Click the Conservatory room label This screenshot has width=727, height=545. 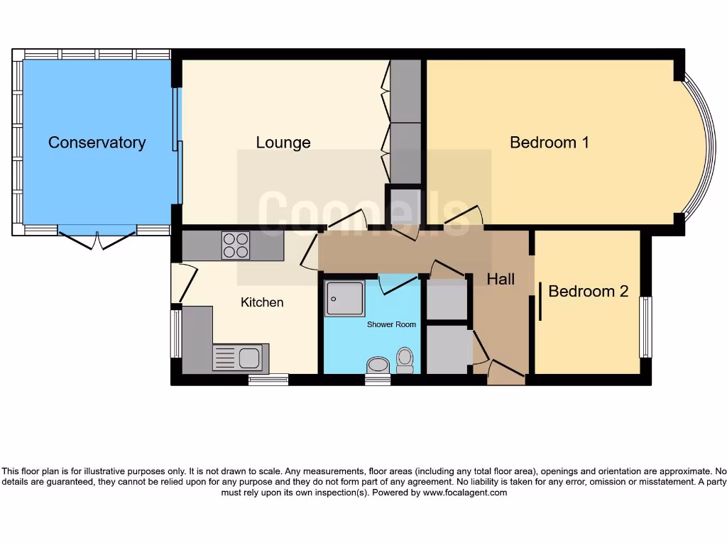97,142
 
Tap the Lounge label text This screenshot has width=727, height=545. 283,143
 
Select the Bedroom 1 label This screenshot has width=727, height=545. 550,142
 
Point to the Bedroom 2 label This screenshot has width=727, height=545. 588,291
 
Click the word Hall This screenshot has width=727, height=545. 501,280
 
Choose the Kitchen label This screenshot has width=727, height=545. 262,302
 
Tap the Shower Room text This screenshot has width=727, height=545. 391,324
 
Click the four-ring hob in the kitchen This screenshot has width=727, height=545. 236,245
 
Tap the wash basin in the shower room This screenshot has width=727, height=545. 377,365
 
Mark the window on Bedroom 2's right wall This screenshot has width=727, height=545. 645,327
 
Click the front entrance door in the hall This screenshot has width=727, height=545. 505,370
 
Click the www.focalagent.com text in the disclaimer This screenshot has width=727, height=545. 465,492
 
